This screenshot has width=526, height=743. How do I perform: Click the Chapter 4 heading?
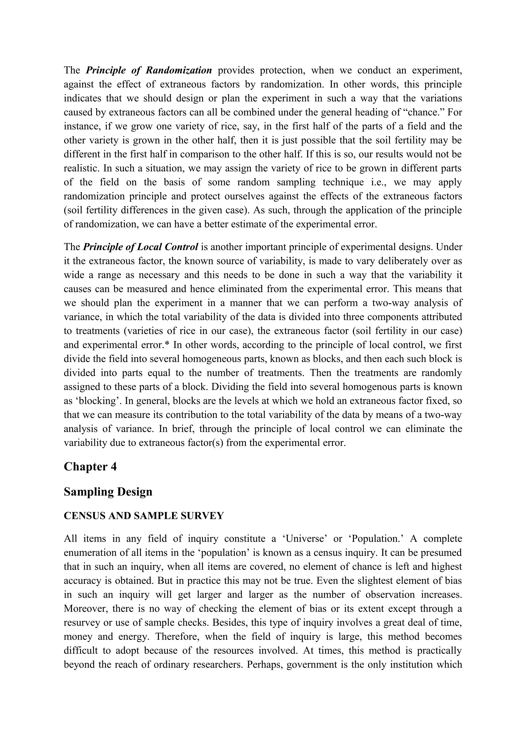point(90,467)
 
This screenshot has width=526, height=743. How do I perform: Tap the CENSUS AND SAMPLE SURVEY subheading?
point(144,516)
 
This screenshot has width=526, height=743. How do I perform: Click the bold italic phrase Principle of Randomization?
point(149,70)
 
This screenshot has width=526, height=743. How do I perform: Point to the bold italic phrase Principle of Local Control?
point(140,247)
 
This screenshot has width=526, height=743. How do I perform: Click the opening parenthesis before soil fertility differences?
point(65,210)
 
